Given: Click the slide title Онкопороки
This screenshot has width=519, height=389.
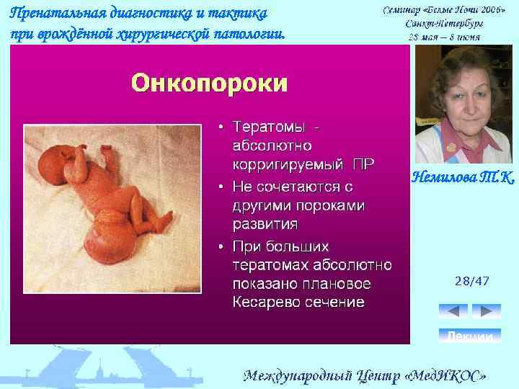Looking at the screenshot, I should [209, 83].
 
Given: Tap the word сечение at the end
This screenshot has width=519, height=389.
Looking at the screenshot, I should [338, 301].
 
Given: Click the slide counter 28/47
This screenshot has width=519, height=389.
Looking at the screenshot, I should [472, 281].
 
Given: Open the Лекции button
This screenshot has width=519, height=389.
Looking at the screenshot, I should [470, 336].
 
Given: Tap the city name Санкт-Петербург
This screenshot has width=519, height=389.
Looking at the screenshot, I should [445, 24].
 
